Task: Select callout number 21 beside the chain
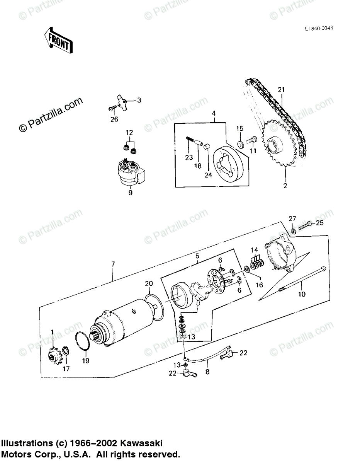point(281,90)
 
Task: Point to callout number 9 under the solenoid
point(131,193)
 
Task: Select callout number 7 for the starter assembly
point(113,264)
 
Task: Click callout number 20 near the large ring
point(149,284)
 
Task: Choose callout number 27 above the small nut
point(292,219)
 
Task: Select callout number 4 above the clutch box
point(213,114)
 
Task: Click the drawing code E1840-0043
point(319,28)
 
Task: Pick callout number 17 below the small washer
point(66,369)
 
